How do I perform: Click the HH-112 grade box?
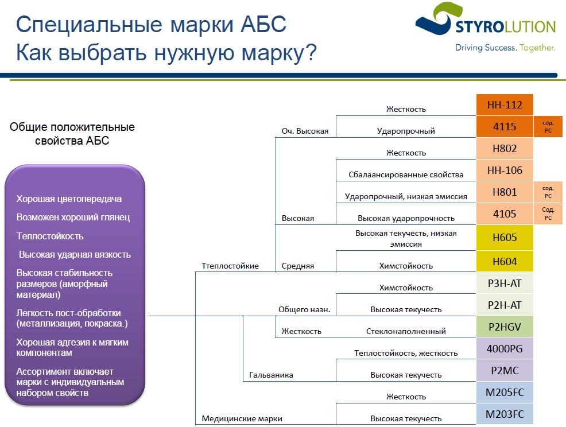pos(505,104)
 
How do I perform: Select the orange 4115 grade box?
pos(505,127)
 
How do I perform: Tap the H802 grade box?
pos(505,149)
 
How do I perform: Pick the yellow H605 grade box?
pos(505,237)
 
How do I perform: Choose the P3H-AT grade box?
pos(505,283)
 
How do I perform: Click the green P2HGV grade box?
pos(505,327)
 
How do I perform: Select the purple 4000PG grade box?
pos(505,348)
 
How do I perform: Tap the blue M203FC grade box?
pos(505,414)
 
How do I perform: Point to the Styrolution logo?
pos(485,26)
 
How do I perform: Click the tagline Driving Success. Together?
pos(505,48)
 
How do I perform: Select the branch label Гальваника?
pos(271,375)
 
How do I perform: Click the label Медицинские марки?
pos(242,418)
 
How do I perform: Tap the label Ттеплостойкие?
pos(230,266)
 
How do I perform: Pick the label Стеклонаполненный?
pos(406,331)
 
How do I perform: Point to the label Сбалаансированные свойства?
pos(406,174)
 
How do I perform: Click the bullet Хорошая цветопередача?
pos(69,199)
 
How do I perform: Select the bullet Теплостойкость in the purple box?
pos(50,236)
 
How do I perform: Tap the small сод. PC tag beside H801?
pos(548,192)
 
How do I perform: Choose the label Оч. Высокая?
pos(305,131)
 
